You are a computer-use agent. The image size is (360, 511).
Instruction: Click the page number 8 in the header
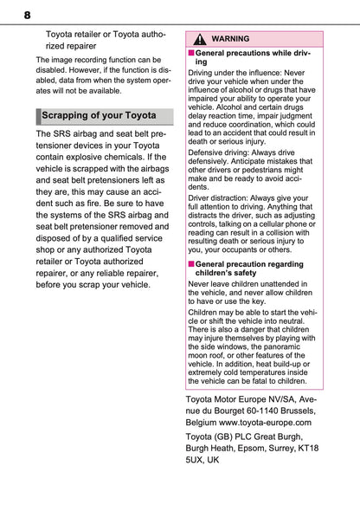coord(27,15)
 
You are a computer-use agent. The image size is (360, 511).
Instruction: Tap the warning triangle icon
coord(200,39)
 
